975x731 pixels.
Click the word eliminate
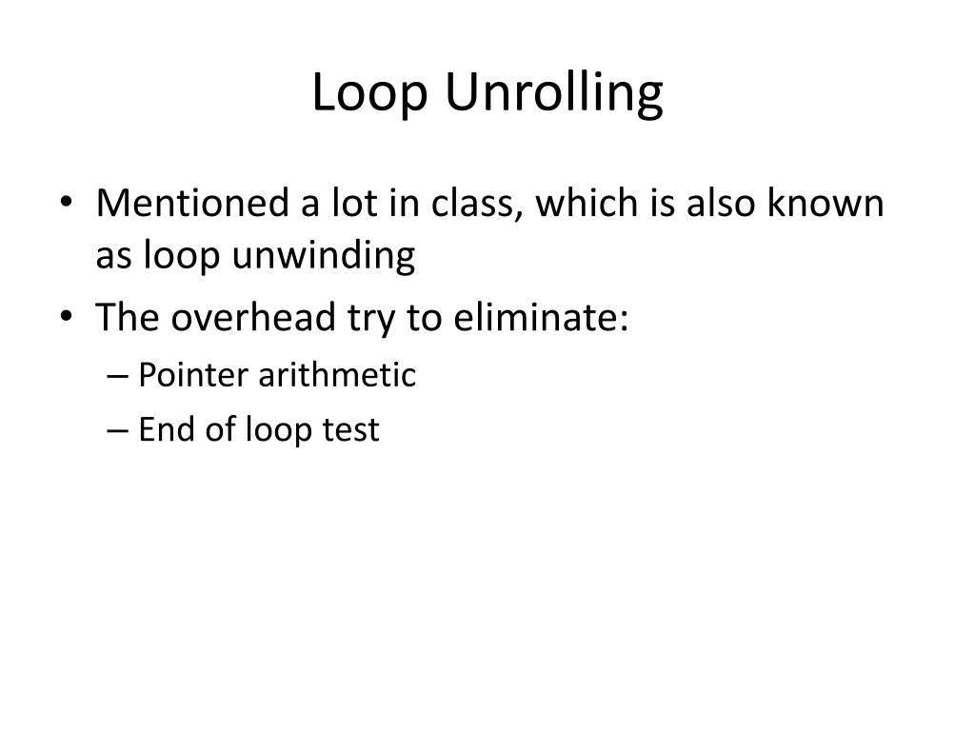tap(540, 318)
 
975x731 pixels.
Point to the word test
tap(349, 430)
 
